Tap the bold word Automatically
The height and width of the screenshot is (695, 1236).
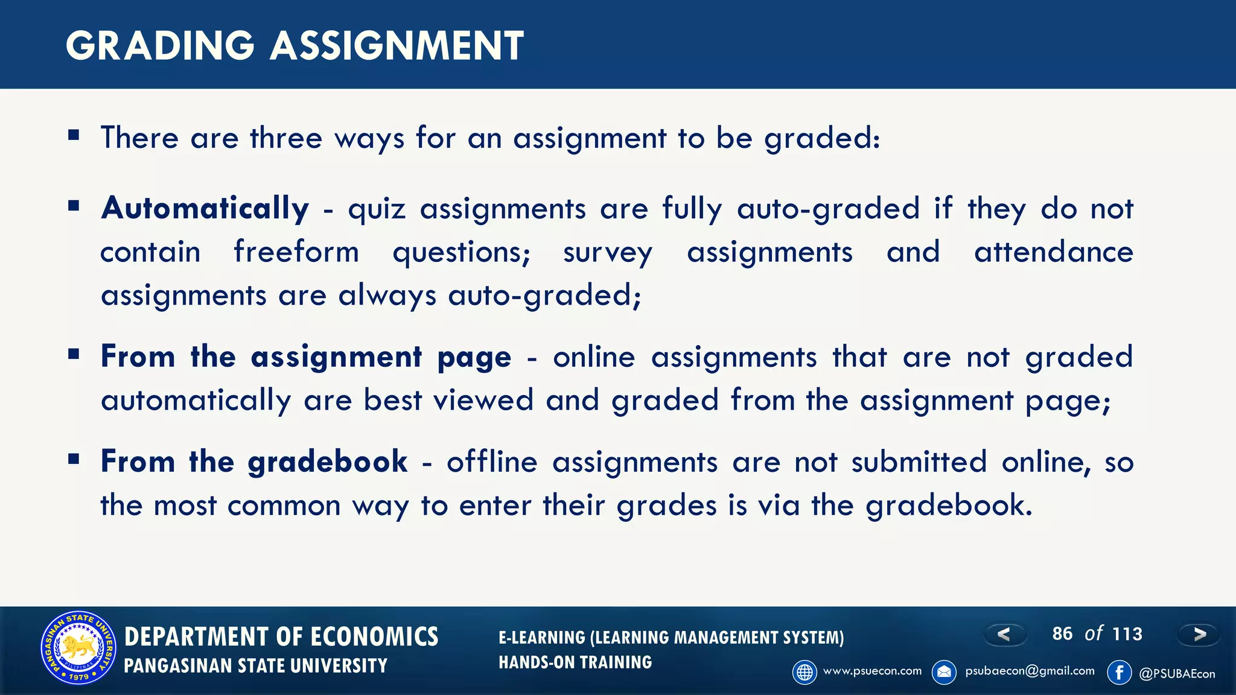click(205, 209)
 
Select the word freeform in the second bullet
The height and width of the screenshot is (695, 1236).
click(296, 252)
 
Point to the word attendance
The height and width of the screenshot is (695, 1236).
click(1054, 252)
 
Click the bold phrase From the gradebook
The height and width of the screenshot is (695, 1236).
click(254, 462)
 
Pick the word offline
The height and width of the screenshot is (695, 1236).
click(492, 462)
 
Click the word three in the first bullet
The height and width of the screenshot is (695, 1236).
click(286, 138)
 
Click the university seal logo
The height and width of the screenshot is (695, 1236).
click(78, 648)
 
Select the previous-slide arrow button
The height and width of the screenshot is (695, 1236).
click(1004, 634)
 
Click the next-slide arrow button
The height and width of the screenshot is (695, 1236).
click(1199, 634)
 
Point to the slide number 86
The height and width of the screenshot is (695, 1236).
click(1062, 633)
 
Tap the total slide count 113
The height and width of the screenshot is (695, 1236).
click(1127, 634)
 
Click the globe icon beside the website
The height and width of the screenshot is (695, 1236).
click(804, 672)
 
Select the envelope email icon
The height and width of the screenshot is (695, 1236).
click(945, 672)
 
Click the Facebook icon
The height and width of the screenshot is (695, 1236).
click(1120, 672)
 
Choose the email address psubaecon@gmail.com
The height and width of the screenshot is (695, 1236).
click(1030, 671)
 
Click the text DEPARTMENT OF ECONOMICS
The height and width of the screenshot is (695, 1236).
click(281, 637)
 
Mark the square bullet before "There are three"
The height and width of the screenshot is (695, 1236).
click(74, 135)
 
